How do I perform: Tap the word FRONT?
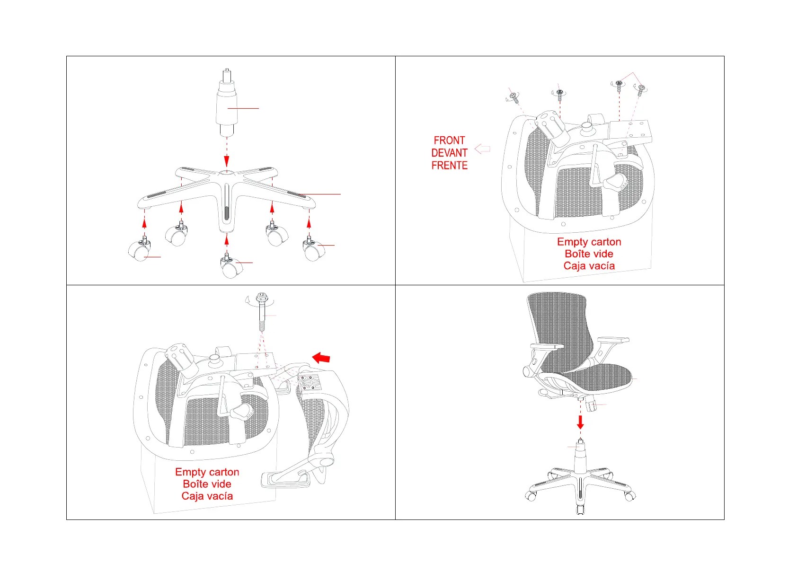(449, 141)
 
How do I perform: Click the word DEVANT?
(449, 153)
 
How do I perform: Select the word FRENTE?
(449, 165)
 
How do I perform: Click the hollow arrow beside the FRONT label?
(482, 149)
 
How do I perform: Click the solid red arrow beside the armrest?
(321, 357)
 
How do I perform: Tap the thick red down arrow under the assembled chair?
(580, 422)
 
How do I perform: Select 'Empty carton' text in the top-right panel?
(589, 242)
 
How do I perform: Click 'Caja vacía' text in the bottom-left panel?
(207, 496)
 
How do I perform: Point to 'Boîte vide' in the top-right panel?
(589, 254)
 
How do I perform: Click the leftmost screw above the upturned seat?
(514, 97)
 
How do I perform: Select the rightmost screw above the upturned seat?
(641, 89)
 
